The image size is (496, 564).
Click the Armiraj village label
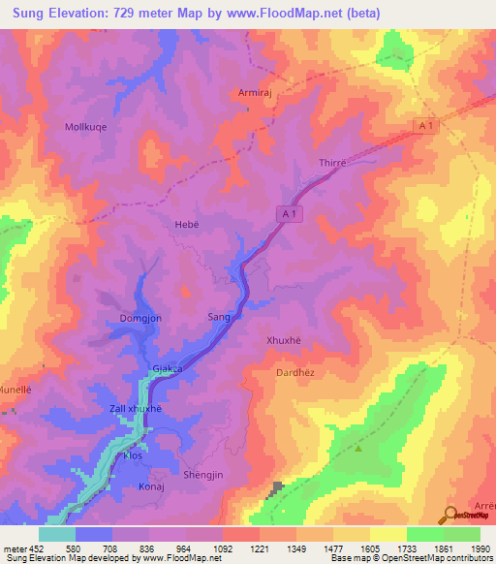point(255,93)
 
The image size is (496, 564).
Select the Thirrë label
point(332,163)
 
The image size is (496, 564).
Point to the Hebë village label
point(186,224)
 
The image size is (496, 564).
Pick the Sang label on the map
point(219,317)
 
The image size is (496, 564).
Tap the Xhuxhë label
point(284,340)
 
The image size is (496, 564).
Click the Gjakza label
point(169,369)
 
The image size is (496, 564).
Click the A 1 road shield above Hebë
point(294,212)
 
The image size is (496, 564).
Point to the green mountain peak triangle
point(358,448)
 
